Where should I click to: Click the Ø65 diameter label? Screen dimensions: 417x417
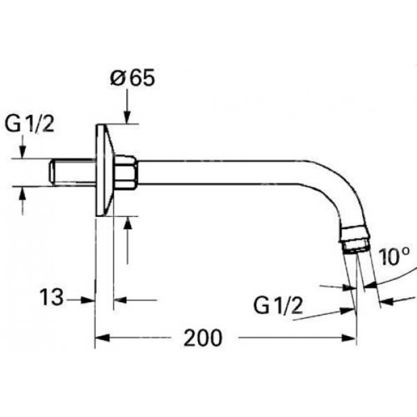(132, 79)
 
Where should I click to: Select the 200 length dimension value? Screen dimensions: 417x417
(203, 338)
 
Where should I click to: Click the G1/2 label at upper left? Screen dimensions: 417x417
(30, 126)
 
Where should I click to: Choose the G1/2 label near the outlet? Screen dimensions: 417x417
(279, 306)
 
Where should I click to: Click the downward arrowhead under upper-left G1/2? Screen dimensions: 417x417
(22, 152)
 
